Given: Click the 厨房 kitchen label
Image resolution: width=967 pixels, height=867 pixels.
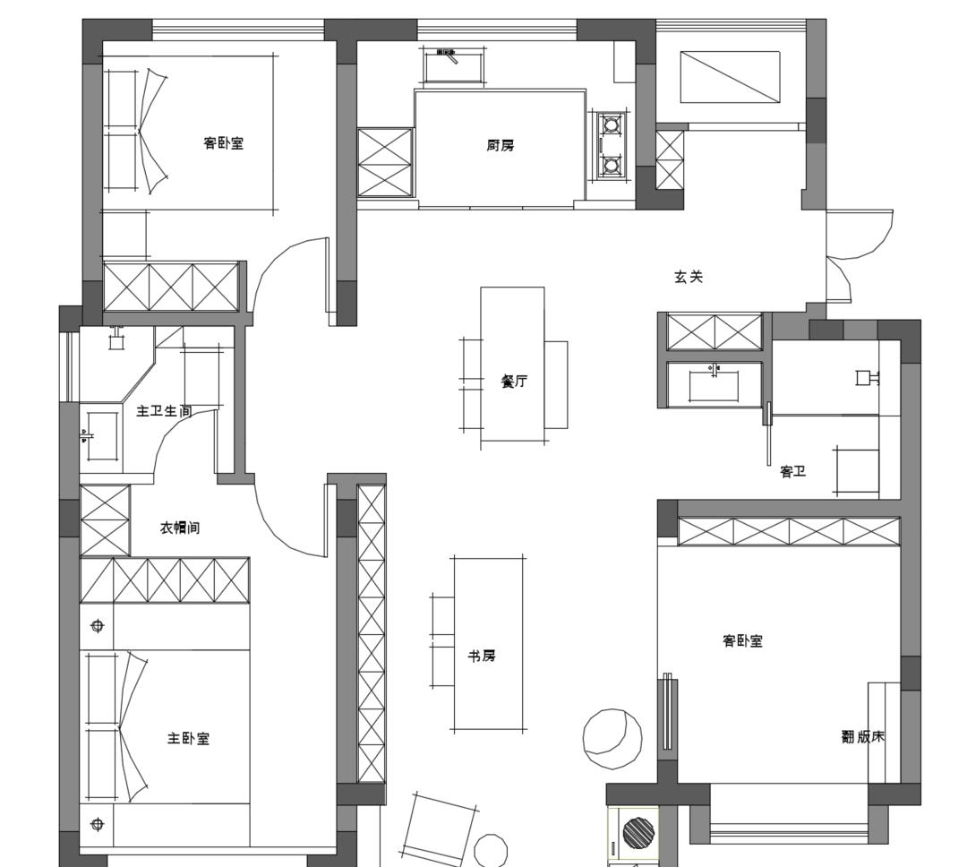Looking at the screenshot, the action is (500, 146).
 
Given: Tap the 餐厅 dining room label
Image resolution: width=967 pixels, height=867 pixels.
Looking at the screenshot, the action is (514, 382).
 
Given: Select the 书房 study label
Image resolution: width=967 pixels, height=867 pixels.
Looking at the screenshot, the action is (481, 656).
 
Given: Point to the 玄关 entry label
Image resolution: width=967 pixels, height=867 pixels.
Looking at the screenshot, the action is (689, 277).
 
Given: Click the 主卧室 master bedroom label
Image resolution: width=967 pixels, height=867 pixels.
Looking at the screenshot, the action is (189, 738).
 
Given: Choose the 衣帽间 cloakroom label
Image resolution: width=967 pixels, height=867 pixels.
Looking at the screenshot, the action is (180, 528).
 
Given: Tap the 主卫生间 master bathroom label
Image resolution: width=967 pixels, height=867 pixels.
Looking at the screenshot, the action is (164, 410).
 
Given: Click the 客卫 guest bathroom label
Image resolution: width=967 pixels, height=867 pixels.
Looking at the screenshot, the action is (793, 472).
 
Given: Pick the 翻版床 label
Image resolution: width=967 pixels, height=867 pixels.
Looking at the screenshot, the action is (863, 736).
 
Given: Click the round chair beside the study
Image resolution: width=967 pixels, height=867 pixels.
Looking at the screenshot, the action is (612, 738).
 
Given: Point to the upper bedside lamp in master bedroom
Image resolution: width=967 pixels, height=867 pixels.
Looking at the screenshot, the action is (97, 626).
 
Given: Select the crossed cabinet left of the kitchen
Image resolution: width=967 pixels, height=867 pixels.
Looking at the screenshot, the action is (385, 162).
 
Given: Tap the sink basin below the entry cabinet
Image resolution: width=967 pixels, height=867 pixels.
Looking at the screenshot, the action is (714, 384).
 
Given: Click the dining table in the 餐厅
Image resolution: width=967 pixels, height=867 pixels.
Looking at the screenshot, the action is (512, 364).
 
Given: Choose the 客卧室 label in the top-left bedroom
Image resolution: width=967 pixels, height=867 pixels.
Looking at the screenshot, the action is (223, 143).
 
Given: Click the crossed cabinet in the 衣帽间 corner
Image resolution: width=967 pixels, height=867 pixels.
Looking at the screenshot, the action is (106, 520).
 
